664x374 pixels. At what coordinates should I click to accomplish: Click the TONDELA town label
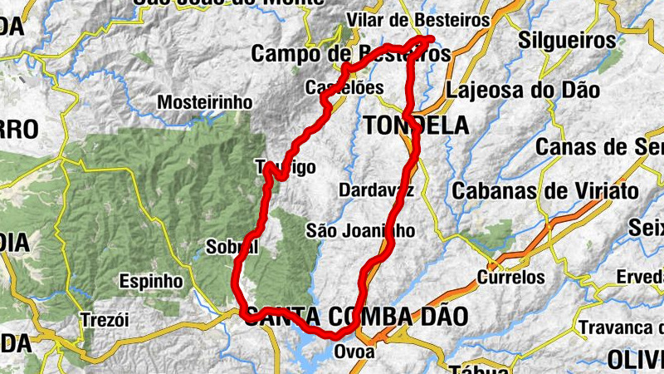(416, 125)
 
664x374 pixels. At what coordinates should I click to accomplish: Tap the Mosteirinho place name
(204, 101)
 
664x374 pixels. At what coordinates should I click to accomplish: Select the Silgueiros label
(568, 40)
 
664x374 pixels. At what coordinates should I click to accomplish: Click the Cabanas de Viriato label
(545, 190)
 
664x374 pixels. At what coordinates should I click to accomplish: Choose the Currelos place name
(511, 278)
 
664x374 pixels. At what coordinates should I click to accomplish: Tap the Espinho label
(151, 281)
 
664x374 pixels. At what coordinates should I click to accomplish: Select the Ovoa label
(354, 352)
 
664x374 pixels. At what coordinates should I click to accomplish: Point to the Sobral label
(232, 248)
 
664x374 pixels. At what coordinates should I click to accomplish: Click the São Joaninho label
(359, 230)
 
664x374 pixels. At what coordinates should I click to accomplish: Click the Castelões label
(344, 87)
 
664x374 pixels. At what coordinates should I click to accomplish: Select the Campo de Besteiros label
(350, 54)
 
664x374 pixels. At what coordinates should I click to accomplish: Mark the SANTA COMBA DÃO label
(356, 316)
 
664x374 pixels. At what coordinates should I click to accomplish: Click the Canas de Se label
(599, 147)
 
